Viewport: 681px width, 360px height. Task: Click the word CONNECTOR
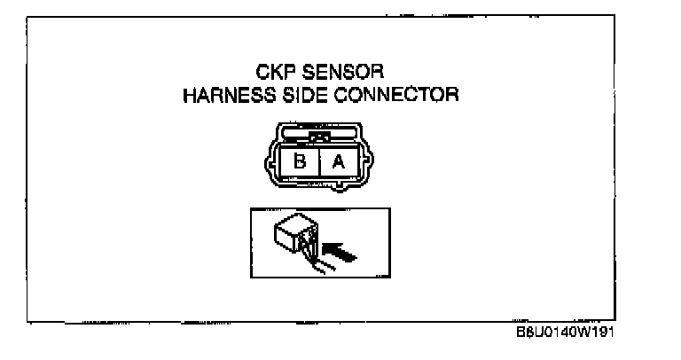[x=403, y=94]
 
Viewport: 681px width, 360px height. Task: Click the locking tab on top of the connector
[x=319, y=137]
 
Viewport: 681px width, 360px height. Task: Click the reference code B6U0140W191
[x=565, y=333]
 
